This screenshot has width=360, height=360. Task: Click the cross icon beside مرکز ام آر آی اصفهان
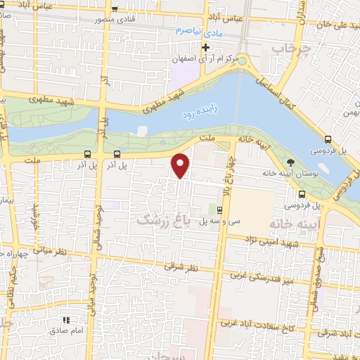(x=205, y=48)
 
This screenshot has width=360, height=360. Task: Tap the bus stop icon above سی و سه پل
(x=220, y=210)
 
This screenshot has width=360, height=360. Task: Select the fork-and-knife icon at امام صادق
(x=67, y=321)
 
